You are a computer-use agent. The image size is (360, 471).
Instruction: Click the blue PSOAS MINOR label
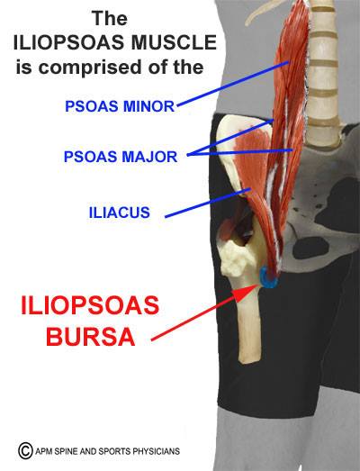tap(120, 106)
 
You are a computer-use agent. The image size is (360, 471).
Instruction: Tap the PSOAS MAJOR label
tap(121, 157)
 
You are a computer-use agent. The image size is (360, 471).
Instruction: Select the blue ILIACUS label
tap(120, 213)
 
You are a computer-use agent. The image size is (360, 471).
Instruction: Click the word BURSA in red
tap(91, 337)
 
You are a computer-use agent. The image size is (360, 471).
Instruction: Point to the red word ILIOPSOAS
tap(90, 305)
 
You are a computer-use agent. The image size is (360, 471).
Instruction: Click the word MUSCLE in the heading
tap(174, 42)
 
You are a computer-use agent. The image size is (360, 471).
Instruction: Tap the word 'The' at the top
tap(110, 18)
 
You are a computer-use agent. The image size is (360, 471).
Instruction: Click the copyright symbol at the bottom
tap(25, 450)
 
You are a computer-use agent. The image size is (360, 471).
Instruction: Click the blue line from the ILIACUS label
tap(208, 203)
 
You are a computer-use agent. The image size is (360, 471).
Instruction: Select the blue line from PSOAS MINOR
tap(233, 84)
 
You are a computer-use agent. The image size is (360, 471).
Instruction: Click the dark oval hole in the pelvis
tap(310, 248)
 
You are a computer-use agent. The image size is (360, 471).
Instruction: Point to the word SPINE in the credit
tap(67, 451)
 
